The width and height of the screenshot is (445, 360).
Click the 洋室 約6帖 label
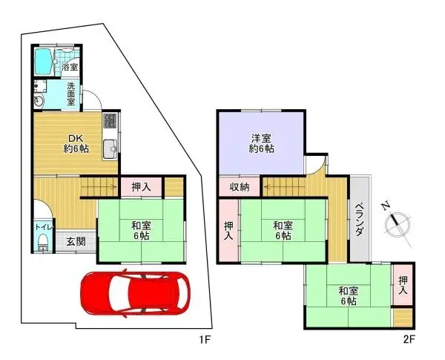(260, 142)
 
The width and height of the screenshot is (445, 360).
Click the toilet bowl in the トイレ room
(42, 240)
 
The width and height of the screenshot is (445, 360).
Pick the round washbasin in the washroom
(39, 103)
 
